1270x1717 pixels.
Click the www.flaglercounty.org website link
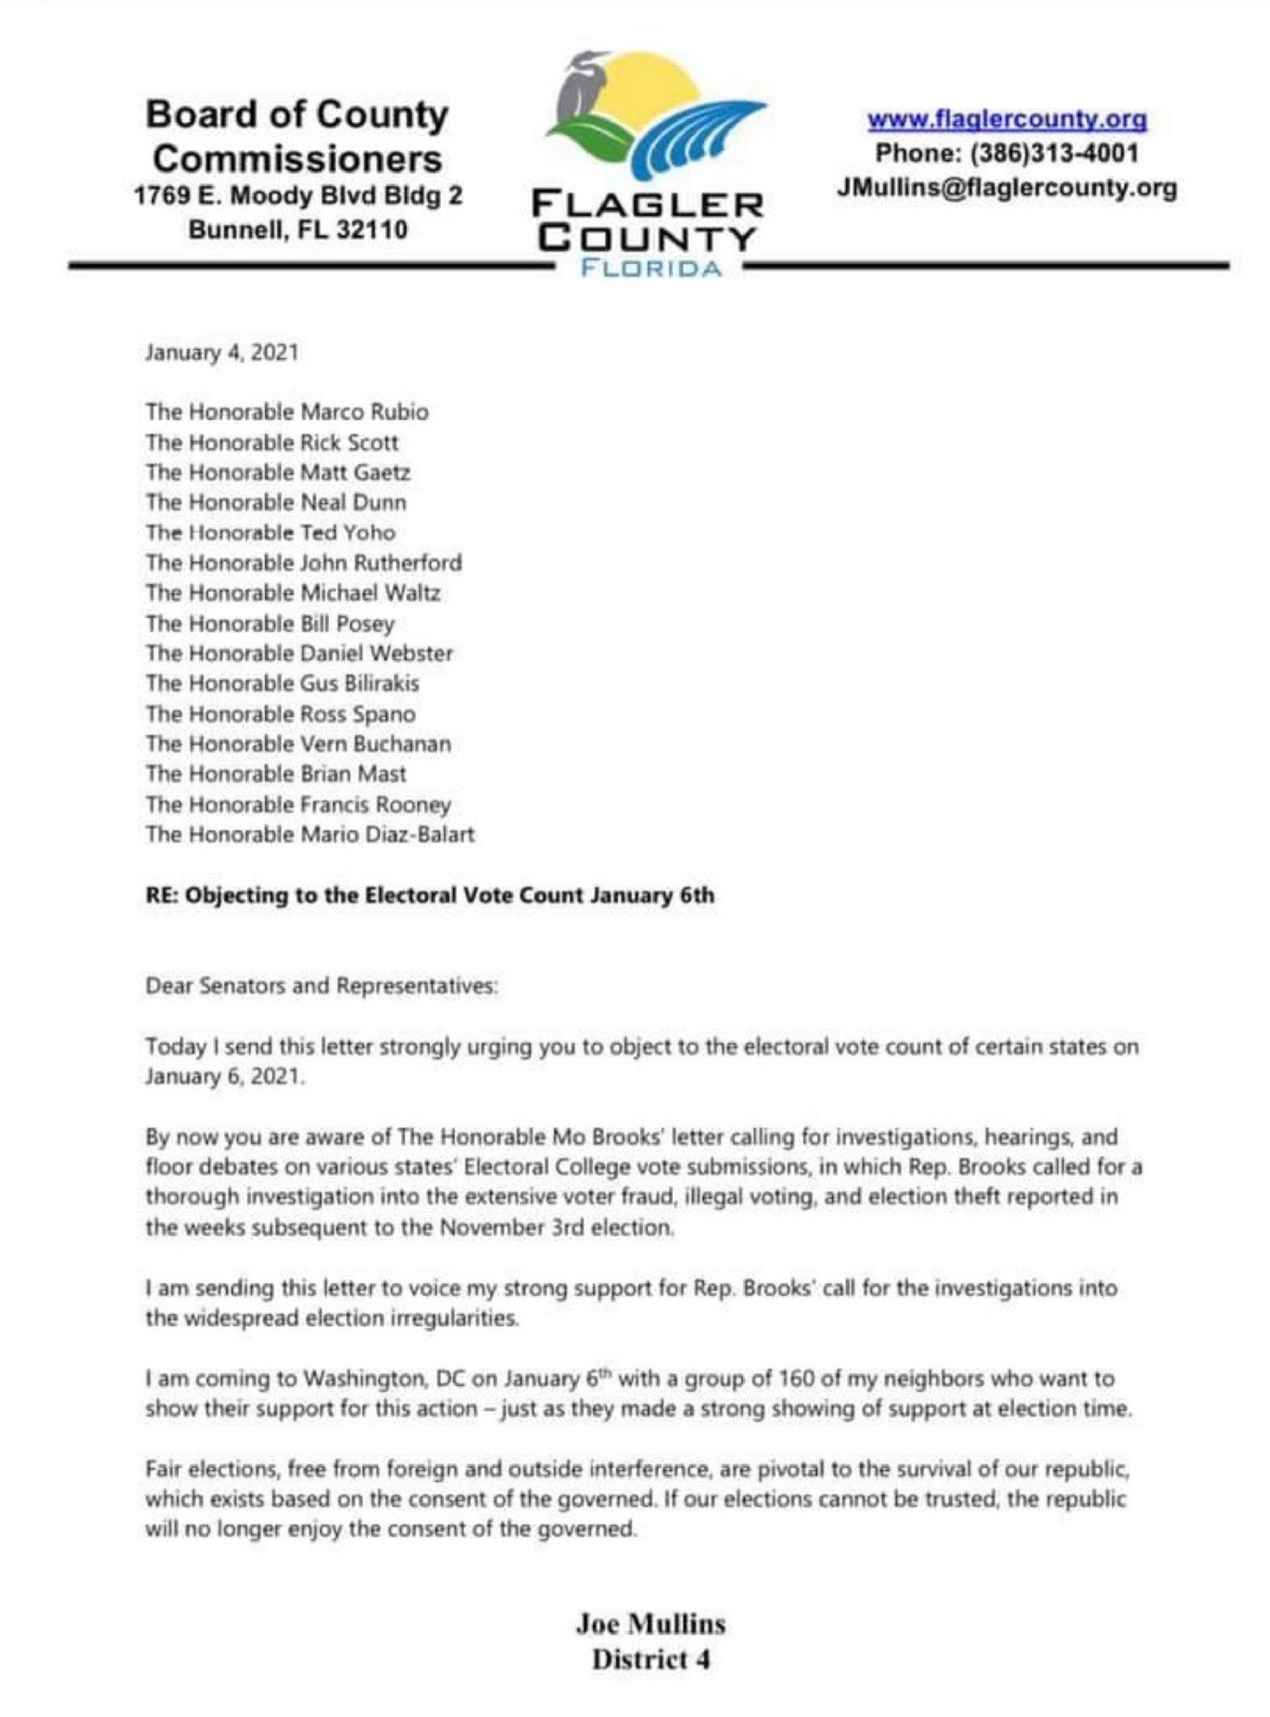click(1007, 120)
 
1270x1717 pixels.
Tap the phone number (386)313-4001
click(1055, 153)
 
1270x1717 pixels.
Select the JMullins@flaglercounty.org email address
click(1007, 188)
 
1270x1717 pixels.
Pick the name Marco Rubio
click(364, 412)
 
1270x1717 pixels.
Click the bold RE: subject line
click(430, 895)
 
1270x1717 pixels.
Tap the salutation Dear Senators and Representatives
click(322, 986)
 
